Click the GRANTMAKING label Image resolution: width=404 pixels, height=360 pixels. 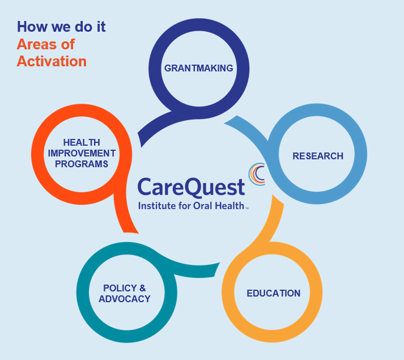click(199, 68)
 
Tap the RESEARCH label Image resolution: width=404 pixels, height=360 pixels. click(318, 156)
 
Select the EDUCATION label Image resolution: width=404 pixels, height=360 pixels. click(273, 293)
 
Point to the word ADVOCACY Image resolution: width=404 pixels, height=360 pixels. click(125, 299)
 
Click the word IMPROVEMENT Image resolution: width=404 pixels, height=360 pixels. click(82, 153)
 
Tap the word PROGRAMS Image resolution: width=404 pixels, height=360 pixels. click(82, 164)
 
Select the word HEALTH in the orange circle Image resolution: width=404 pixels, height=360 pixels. click(82, 142)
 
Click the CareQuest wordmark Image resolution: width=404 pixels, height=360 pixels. click(191, 187)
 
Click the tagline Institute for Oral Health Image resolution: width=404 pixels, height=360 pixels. click(191, 206)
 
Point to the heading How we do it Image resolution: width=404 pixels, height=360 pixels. click(61, 27)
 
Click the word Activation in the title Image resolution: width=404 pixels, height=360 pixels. click(52, 61)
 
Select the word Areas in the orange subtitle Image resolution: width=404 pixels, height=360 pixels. click(37, 44)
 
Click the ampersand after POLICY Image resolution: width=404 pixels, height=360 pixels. click(142, 288)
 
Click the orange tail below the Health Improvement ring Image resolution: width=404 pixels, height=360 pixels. click(124, 214)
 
